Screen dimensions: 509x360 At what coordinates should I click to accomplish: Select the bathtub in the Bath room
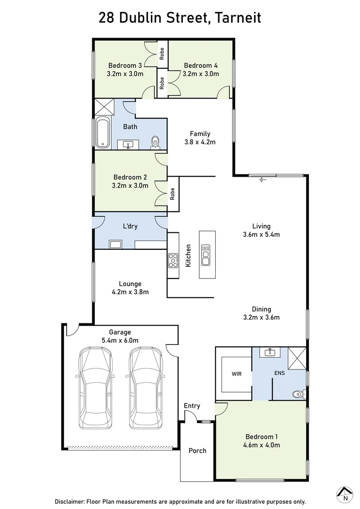tap(103, 132)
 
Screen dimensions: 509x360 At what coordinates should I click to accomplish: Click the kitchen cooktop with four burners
tap(173, 260)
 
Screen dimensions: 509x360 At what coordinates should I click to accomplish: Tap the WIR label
tap(237, 374)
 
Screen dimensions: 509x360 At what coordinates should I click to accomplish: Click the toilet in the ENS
tap(298, 394)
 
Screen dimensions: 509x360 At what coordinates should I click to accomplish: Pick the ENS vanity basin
tap(270, 353)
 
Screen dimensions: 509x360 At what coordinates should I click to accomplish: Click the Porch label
tap(197, 451)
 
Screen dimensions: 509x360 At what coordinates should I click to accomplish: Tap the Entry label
tap(192, 406)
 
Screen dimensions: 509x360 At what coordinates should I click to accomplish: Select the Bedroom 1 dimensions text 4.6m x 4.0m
tap(262, 445)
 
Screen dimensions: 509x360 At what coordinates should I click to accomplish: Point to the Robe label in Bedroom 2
tap(172, 193)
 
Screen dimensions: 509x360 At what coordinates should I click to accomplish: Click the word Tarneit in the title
tap(237, 18)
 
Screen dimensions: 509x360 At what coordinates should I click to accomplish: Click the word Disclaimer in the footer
tap(71, 501)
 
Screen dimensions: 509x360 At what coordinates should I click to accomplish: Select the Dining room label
tap(261, 309)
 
